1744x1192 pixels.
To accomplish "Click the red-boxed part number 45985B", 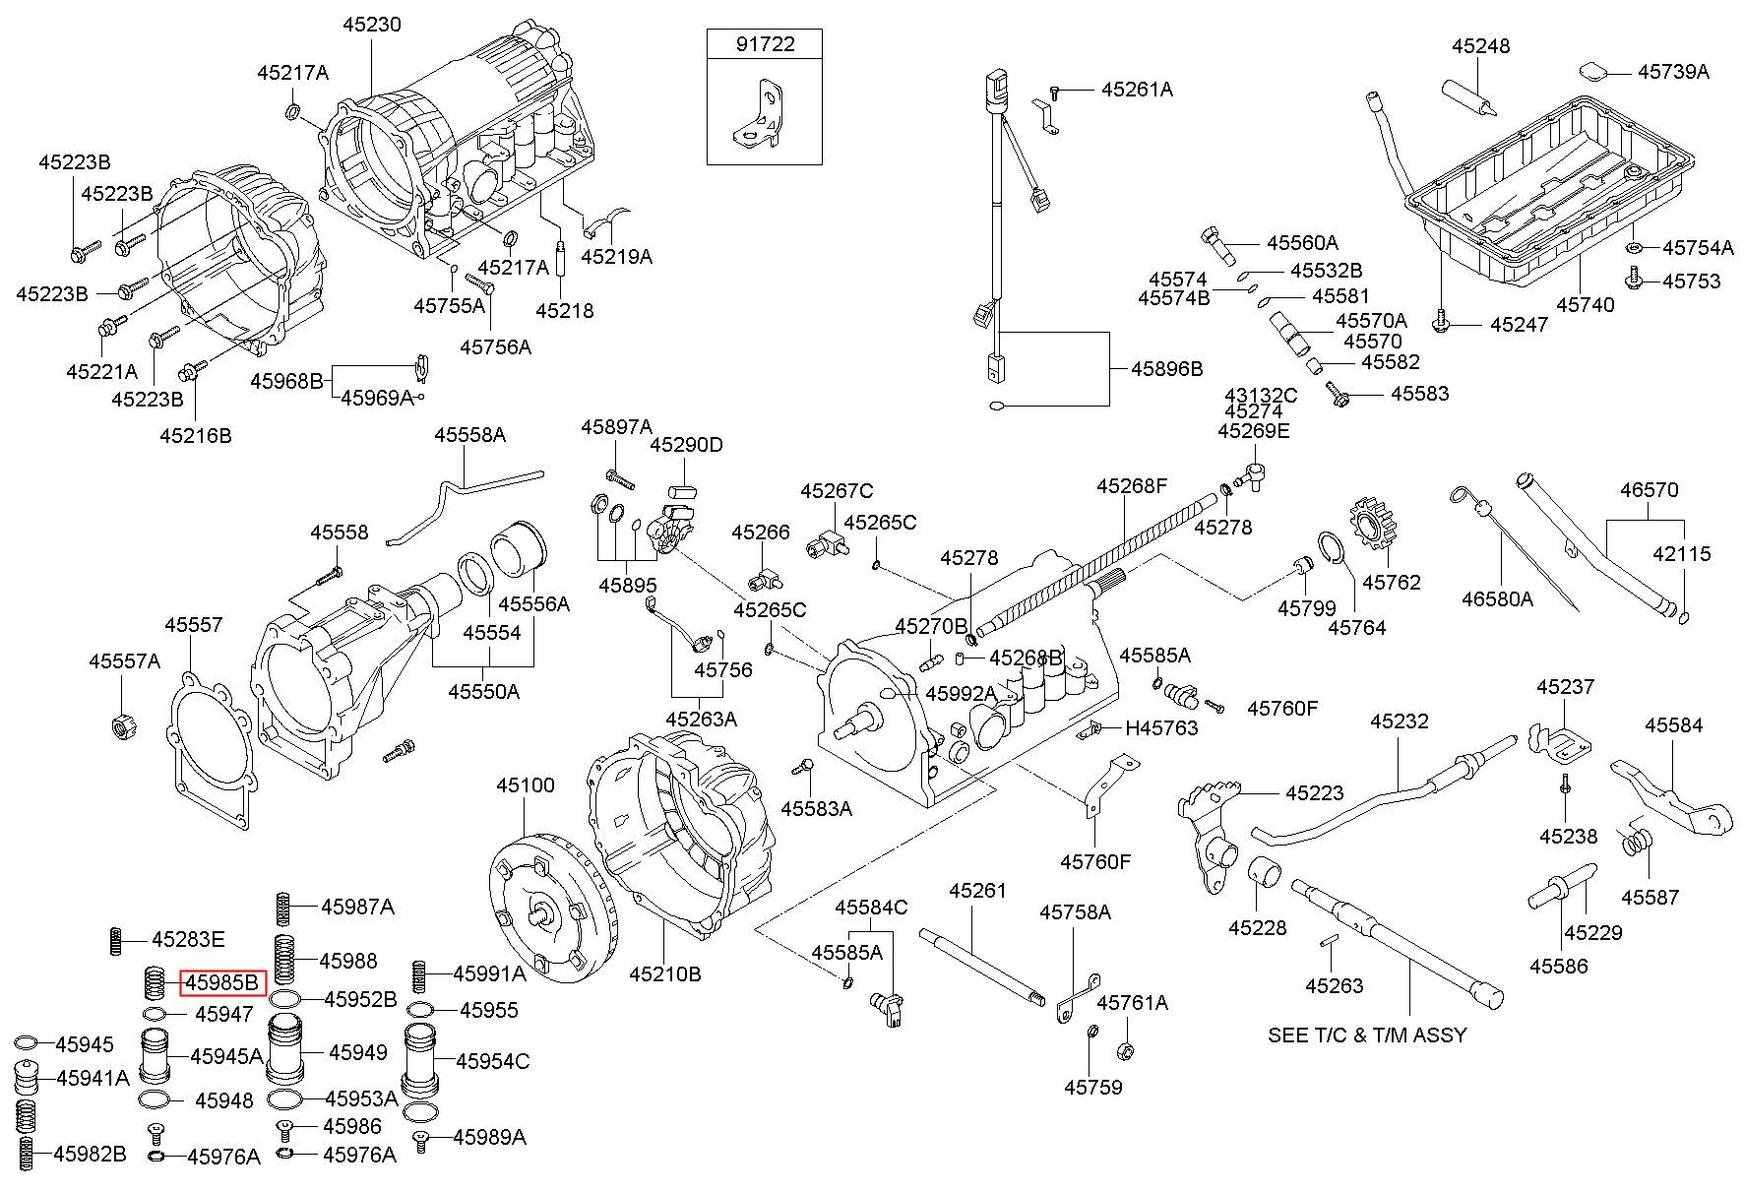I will [222, 981].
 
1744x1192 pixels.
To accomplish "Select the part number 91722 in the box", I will [764, 44].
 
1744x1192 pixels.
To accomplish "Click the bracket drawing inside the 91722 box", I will [758, 116].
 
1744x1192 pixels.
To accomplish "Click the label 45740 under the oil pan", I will [1586, 304].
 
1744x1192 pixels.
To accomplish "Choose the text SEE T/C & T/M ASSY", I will [1367, 1035].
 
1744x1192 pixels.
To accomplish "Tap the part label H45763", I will [1161, 727].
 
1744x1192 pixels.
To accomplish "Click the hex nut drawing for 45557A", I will [122, 728].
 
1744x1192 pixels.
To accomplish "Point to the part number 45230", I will [372, 25].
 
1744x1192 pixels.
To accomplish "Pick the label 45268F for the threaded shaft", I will [1132, 485].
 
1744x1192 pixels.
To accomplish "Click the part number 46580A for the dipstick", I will [1497, 597].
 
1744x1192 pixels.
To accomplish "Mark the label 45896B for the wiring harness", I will [1166, 368].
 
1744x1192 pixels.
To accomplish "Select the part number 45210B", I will [665, 973].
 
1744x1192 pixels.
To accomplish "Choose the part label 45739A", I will [1673, 71].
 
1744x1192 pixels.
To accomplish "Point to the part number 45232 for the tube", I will [1399, 721].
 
